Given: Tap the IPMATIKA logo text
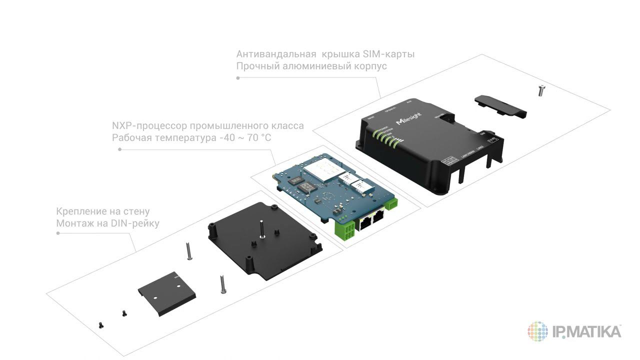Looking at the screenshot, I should tap(587, 331).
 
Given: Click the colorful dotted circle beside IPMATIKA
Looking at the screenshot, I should tap(538, 331).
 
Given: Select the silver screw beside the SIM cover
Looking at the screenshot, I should tap(541, 90).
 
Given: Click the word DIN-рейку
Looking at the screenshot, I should tap(134, 223).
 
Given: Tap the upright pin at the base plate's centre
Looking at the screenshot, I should tap(262, 229).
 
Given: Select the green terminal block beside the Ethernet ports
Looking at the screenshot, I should tap(345, 229).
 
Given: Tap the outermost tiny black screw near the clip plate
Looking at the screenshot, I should tap(101, 325).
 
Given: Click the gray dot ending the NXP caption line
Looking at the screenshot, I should tap(119, 149).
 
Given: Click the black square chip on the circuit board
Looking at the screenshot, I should tap(307, 187).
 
